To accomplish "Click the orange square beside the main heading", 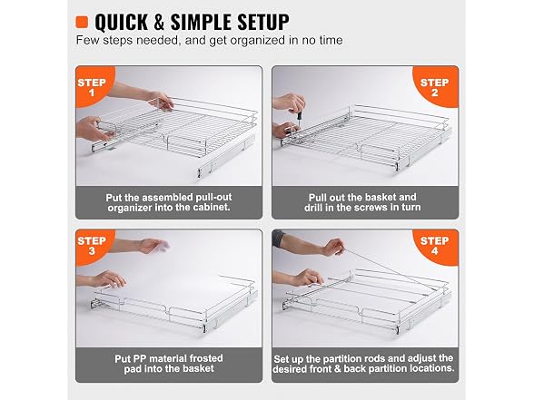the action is coord(82,22).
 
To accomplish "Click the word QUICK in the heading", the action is coord(121,23).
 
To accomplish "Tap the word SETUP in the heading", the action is coord(263,23).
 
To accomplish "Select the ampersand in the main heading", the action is coord(158,23).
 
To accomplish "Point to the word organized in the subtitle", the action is coord(258,41).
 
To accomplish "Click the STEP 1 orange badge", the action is coord(92,87).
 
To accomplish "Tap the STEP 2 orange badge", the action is coord(435,87).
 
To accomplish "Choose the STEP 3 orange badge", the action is coord(92,246).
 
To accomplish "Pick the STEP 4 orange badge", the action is coord(435,246).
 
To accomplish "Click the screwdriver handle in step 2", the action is coord(300,115).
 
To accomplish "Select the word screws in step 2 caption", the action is coord(371,207).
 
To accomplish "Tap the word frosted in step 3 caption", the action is coord(206,358).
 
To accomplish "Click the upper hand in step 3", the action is coord(153,245).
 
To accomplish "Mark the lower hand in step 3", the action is coord(108,278).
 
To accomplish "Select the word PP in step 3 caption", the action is coord(139,358).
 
